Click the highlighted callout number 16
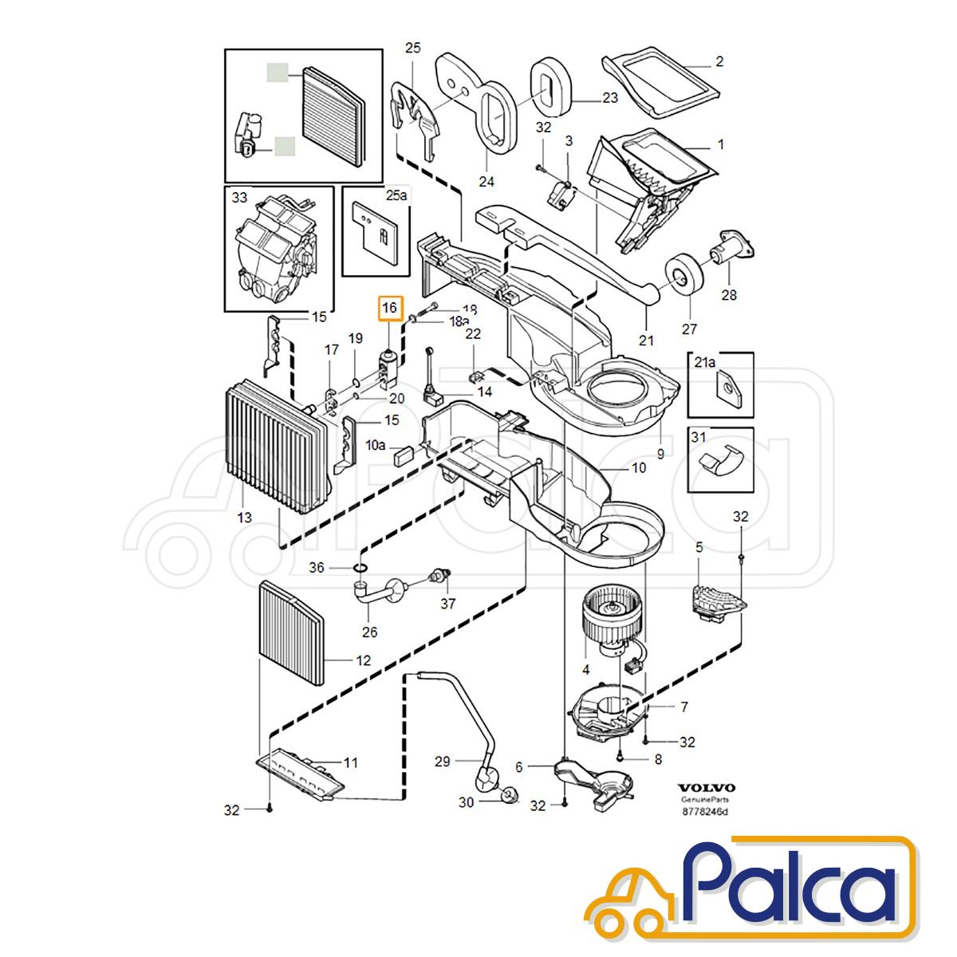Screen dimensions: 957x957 point(389,309)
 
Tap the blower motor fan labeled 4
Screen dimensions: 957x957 point(608,615)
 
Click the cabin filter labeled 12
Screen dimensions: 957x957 point(292,633)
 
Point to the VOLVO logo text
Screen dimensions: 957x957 point(707,788)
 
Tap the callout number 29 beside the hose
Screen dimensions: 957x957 point(443,762)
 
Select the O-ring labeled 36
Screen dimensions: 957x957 point(361,568)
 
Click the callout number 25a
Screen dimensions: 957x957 point(396,195)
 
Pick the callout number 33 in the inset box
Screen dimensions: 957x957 point(239,198)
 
